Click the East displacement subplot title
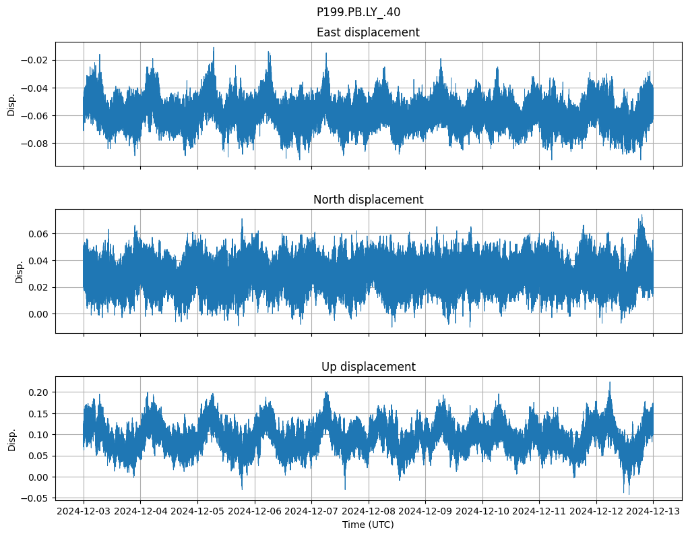(x=367, y=32)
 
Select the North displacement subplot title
(x=367, y=200)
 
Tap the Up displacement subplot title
(x=367, y=367)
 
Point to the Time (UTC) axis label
(x=367, y=525)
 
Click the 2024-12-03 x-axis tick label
(x=84, y=512)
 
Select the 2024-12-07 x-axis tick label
(x=311, y=512)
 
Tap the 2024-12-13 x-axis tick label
(x=653, y=512)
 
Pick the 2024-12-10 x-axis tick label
(x=482, y=512)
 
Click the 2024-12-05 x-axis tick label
(x=197, y=512)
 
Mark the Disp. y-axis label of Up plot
(x=11, y=438)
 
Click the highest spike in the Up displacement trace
(x=610, y=383)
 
